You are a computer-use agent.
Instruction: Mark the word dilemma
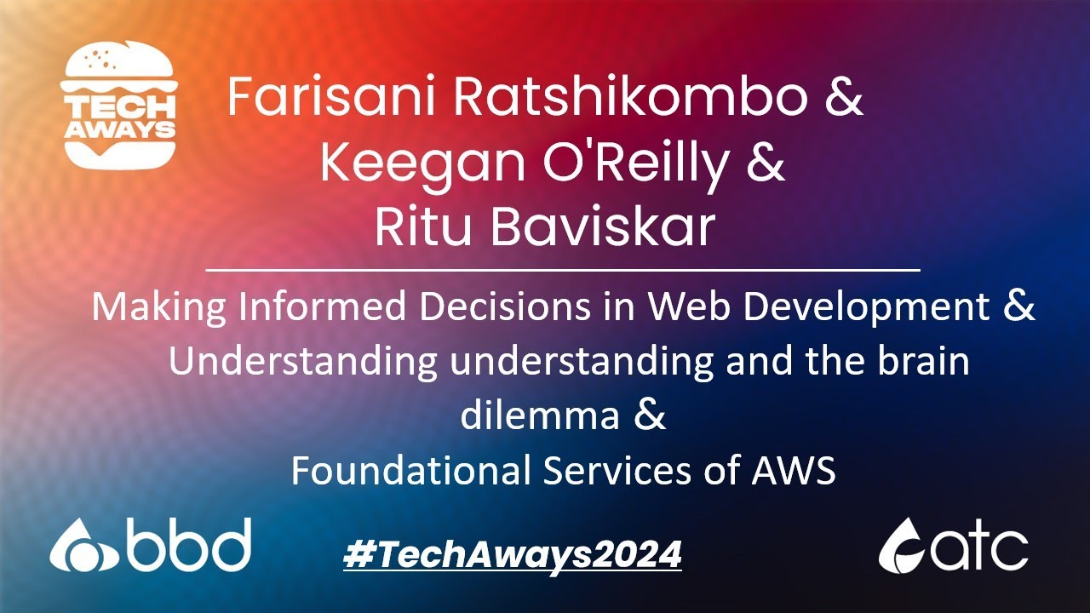point(540,416)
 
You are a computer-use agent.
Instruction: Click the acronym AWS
point(792,471)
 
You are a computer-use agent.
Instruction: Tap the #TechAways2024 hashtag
point(513,556)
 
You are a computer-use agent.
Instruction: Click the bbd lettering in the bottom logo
point(188,546)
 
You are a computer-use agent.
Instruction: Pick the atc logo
point(953,546)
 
